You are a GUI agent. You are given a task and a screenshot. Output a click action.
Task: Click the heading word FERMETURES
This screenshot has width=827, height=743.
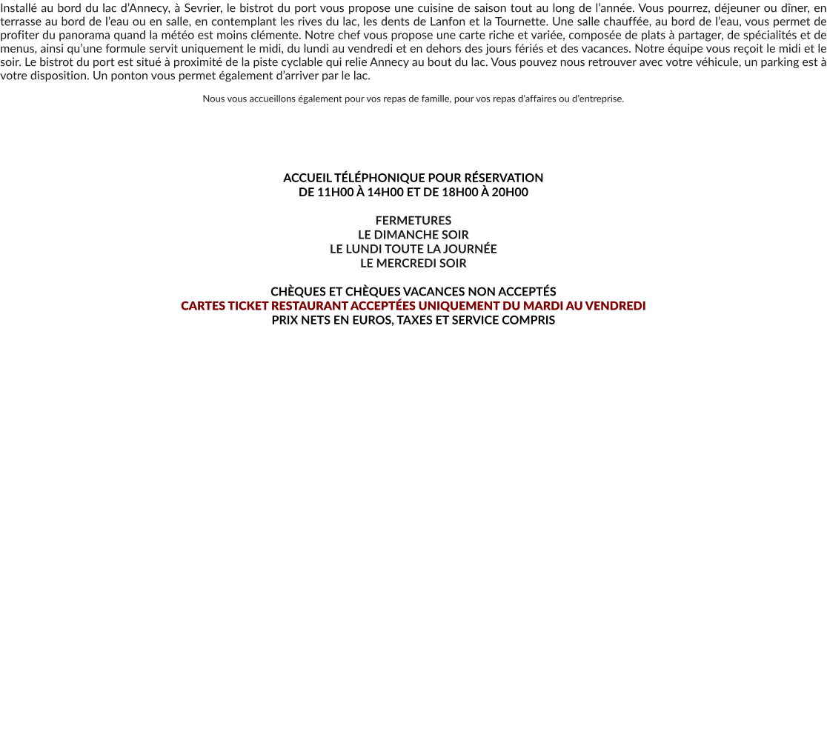click(413, 221)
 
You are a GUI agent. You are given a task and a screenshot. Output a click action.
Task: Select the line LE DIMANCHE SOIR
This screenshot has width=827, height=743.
click(413, 235)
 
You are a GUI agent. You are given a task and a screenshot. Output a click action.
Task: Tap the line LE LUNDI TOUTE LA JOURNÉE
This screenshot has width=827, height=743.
click(413, 249)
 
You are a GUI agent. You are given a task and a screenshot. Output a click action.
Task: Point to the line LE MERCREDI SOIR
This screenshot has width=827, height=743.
click(413, 263)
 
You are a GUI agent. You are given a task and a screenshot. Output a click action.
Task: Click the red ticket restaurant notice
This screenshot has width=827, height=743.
click(413, 306)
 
